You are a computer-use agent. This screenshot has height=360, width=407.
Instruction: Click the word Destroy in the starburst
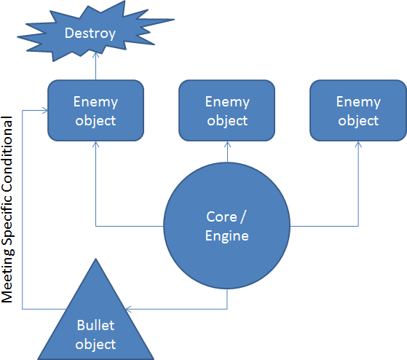tap(90, 34)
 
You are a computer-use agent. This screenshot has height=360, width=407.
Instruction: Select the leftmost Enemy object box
tap(96, 110)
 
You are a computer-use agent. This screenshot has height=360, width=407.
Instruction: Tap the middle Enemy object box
tap(227, 110)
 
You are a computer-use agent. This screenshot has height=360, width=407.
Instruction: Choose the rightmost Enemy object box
tap(358, 110)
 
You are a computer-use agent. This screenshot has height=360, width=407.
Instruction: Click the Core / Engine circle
tap(227, 226)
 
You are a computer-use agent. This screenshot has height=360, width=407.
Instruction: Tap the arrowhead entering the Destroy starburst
tap(96, 55)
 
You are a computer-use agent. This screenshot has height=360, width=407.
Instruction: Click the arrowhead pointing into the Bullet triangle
tap(128, 309)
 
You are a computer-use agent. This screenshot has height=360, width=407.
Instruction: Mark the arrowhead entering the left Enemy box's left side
tap(45, 111)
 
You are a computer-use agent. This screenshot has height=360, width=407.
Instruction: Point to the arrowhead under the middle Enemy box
tap(227, 144)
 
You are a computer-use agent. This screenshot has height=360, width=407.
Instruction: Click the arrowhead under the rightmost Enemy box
tap(358, 144)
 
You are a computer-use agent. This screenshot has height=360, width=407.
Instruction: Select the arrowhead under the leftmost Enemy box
tap(96, 144)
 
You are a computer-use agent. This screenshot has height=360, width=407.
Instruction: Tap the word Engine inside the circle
tap(227, 236)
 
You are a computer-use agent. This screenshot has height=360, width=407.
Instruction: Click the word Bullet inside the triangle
tap(96, 325)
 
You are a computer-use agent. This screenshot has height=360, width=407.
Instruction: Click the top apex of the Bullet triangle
tap(96, 259)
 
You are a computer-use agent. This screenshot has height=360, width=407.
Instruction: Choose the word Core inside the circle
tap(221, 216)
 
